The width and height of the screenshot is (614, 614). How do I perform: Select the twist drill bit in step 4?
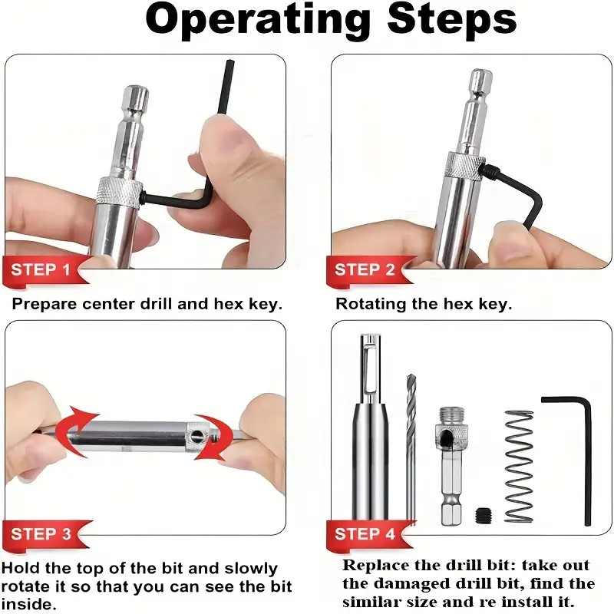[x=411, y=445]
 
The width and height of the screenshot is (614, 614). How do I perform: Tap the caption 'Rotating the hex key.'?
[x=423, y=304]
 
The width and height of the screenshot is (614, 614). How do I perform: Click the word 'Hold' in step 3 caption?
[x=20, y=569]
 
